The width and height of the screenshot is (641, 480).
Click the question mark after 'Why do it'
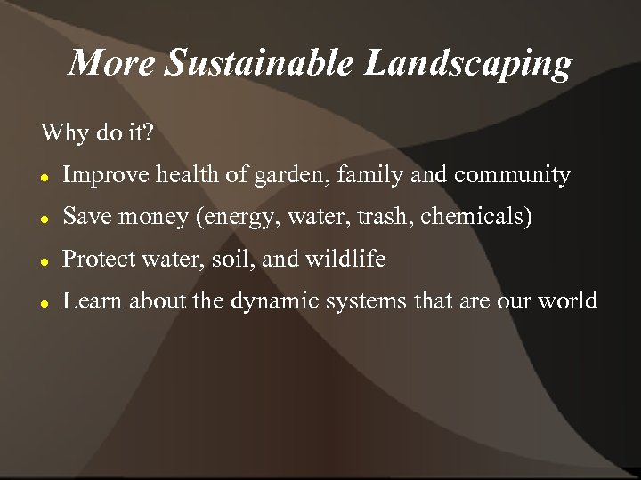tap(148, 134)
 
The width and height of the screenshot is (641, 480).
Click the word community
tap(512, 176)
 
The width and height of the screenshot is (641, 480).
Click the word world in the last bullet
tap(566, 301)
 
